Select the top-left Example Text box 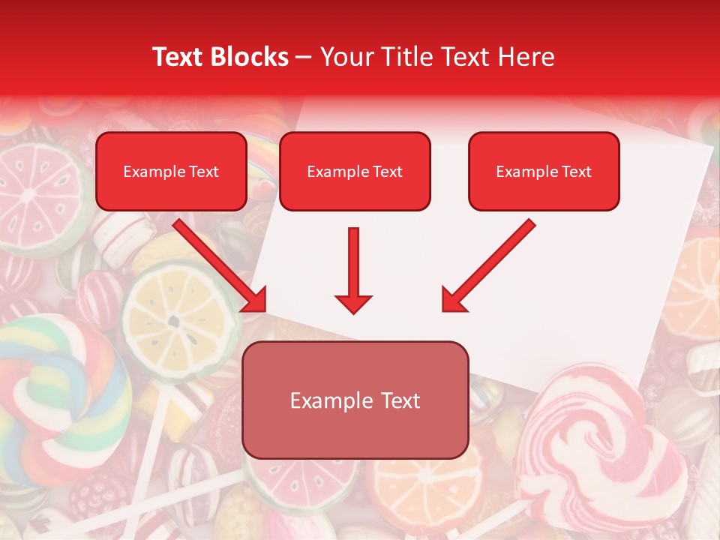point(171,171)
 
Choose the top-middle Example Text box point(355,171)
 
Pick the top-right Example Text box point(544,171)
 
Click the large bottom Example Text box point(355,400)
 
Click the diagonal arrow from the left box point(221,265)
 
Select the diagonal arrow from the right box point(487,265)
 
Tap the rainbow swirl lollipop point(56,390)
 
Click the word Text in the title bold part point(177,57)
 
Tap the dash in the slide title point(304,57)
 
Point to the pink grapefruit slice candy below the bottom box point(300,487)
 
